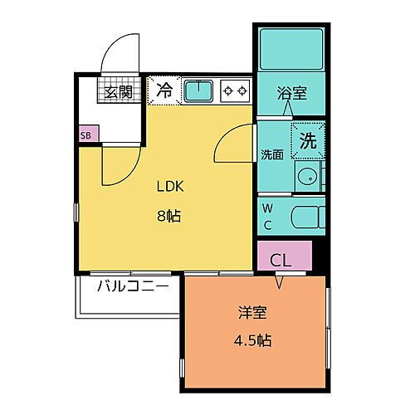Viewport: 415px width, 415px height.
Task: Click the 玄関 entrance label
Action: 118,91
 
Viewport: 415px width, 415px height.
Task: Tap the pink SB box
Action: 86,133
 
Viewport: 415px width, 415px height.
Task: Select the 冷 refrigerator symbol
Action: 164,90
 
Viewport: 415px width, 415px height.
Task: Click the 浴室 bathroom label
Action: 291,93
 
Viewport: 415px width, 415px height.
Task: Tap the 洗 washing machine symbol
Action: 308,139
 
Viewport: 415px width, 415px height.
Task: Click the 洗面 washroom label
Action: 272,154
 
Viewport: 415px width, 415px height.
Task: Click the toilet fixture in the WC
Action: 307,216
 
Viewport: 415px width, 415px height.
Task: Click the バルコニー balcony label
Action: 133,286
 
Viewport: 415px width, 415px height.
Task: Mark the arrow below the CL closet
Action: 279,281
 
